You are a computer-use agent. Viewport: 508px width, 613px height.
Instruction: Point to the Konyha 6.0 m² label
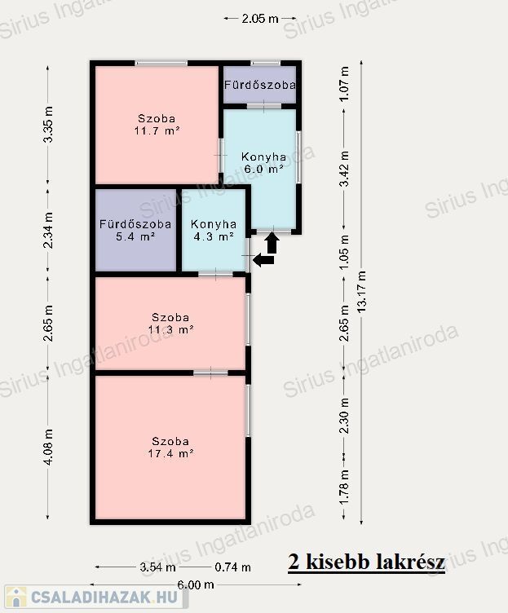click(263, 163)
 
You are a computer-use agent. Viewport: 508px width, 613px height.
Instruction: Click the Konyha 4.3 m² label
click(214, 230)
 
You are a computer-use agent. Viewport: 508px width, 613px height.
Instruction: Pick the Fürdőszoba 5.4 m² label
click(135, 230)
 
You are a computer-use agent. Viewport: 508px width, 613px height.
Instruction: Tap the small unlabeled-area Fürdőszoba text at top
click(259, 85)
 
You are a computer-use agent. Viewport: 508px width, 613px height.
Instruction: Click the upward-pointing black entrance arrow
click(272, 243)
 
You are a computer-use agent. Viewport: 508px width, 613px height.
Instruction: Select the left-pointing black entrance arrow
click(263, 260)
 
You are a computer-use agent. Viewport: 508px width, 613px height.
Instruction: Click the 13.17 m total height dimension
click(362, 291)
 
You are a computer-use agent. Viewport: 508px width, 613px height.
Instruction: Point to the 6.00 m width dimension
click(196, 584)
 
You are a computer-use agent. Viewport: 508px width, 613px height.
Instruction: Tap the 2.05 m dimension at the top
click(260, 19)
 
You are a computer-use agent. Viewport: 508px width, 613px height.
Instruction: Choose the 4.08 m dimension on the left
click(48, 447)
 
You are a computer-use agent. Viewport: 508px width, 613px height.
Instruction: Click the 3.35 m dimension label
click(48, 125)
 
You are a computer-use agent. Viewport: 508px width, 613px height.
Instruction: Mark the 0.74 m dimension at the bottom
click(232, 567)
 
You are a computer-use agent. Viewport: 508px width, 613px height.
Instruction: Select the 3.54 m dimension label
click(157, 567)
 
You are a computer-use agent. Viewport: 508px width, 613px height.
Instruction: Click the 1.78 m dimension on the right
click(344, 487)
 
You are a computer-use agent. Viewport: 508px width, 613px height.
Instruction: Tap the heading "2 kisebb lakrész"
click(366, 562)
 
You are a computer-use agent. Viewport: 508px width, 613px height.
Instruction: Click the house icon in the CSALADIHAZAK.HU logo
click(15, 597)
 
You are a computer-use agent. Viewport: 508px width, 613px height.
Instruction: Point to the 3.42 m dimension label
click(344, 169)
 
